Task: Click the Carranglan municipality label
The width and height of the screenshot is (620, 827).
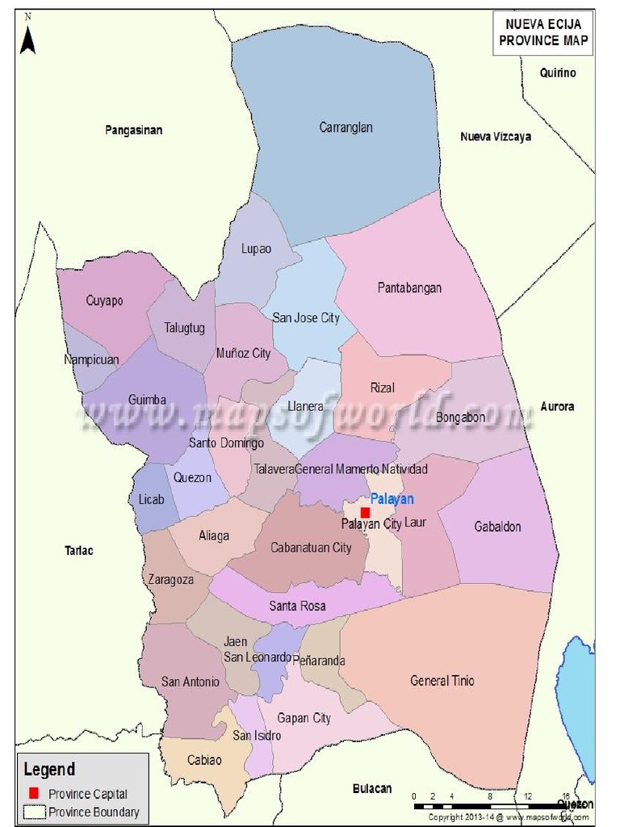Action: coord(346,128)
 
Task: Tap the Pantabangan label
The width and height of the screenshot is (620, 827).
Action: coord(409,288)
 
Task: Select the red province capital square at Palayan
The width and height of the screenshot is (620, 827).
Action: coord(365,512)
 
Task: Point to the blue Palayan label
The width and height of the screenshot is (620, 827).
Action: coord(392,499)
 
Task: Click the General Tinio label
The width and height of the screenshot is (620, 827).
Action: coord(442,681)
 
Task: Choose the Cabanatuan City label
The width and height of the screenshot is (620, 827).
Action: coord(311,548)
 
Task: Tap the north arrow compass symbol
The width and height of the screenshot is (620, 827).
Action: coord(28,36)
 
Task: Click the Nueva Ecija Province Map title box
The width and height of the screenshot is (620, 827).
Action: coord(542,32)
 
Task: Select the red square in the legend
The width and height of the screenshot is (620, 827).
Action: coord(33,793)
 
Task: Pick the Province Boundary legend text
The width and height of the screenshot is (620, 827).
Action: coord(94,812)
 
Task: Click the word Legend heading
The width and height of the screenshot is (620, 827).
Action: coord(49,770)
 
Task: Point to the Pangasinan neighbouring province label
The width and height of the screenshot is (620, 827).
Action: coord(133,130)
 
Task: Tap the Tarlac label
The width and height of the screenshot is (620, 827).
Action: coord(79,551)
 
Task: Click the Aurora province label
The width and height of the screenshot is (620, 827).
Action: coord(557,406)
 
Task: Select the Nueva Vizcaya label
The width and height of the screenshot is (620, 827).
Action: coord(496,137)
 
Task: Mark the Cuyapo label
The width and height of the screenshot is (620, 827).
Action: coord(104,301)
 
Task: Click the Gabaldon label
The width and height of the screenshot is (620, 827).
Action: coord(497,527)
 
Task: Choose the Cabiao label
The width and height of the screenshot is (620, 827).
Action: coord(204,760)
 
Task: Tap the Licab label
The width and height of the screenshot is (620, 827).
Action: coord(151,500)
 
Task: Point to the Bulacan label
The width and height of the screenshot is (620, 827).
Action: coord(372,788)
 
